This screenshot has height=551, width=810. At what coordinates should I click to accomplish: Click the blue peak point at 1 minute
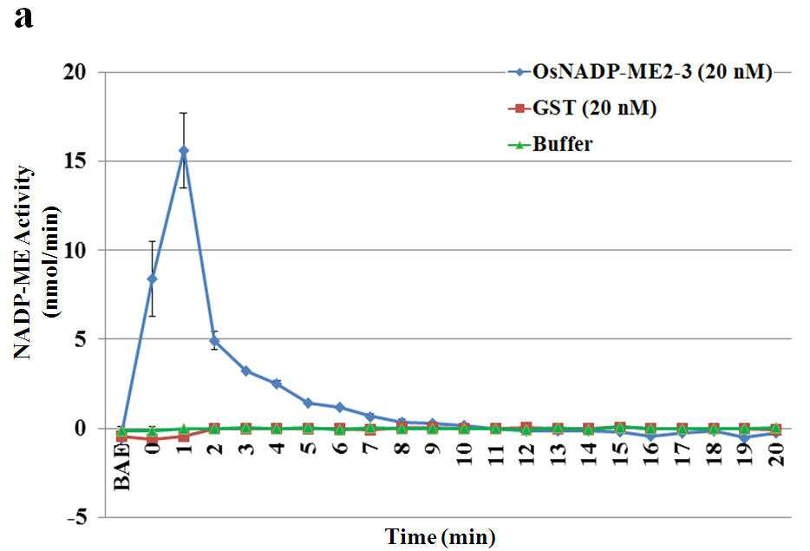point(183,150)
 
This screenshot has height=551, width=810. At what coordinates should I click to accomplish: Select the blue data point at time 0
point(153,279)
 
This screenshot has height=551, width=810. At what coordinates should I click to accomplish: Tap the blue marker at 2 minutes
point(214,341)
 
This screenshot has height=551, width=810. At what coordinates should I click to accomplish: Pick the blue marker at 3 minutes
point(246,371)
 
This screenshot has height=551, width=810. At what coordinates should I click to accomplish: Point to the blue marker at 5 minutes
point(308,403)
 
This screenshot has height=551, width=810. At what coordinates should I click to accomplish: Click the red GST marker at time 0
point(153,440)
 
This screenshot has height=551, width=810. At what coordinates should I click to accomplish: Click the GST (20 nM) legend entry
point(582,108)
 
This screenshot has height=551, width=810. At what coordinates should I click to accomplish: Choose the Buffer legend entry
point(550,144)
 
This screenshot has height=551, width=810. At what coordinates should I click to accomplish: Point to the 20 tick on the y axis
point(74,72)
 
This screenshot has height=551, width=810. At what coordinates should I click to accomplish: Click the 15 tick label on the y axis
point(74,161)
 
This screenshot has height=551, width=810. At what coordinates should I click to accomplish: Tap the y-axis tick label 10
point(74,250)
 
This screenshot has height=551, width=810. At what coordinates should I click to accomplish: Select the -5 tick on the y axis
point(77,517)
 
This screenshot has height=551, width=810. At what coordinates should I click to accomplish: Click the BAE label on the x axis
point(122,466)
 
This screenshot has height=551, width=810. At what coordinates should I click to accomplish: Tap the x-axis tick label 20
point(776,454)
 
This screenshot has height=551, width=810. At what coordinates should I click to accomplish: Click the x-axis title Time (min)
point(441,536)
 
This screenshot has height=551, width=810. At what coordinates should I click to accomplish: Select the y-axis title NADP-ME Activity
point(24,263)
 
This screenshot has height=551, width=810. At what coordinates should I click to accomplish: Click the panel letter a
point(23,18)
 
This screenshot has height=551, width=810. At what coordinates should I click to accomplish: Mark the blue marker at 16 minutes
point(651,436)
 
